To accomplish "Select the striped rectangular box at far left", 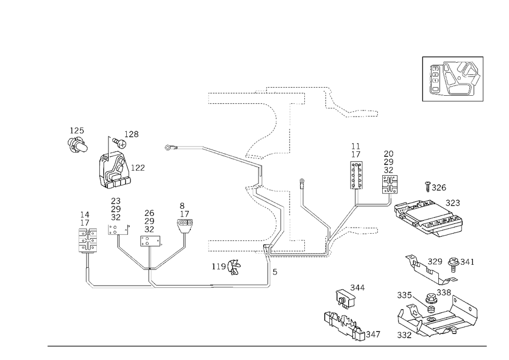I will [86, 239].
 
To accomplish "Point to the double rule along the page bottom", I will [267, 346].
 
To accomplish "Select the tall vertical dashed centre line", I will [291, 168].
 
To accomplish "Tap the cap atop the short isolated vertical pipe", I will [302, 180].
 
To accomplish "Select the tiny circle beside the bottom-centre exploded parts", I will [379, 335].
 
